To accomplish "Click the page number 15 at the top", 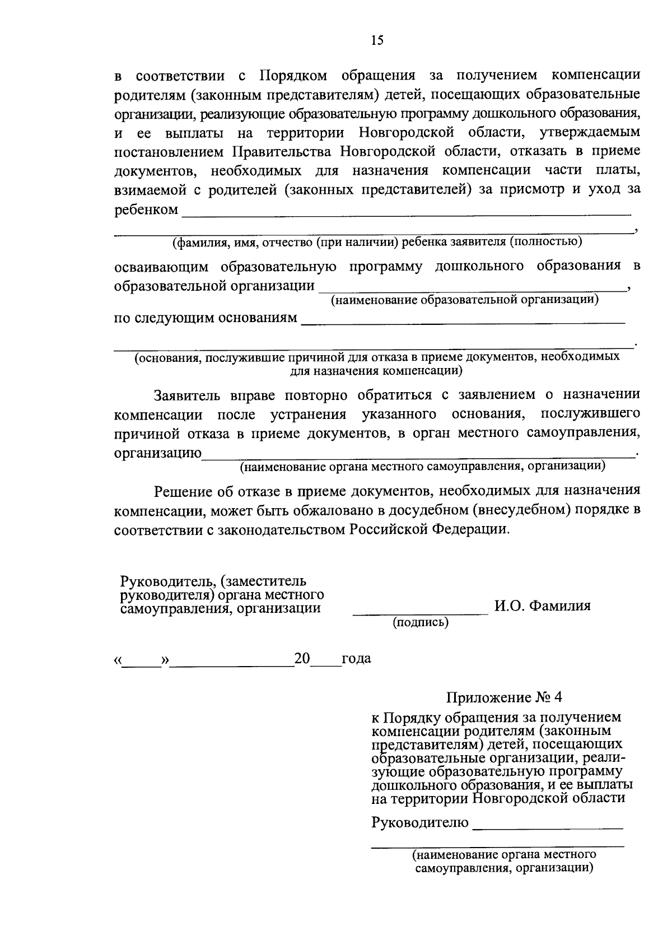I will (376, 40).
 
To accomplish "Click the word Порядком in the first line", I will (291, 75).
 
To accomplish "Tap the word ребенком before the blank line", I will (146, 211).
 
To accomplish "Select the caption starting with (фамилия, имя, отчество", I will (377, 242).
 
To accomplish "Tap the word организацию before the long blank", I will (158, 453).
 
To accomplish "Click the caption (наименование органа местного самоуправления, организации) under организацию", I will (422, 466).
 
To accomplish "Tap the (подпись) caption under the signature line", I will (421, 622).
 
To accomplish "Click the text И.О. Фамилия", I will (542, 606).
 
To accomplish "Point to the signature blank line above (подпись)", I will (420, 615).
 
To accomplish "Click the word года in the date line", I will (356, 659).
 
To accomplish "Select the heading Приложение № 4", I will (503, 697).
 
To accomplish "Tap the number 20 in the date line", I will (302, 659).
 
